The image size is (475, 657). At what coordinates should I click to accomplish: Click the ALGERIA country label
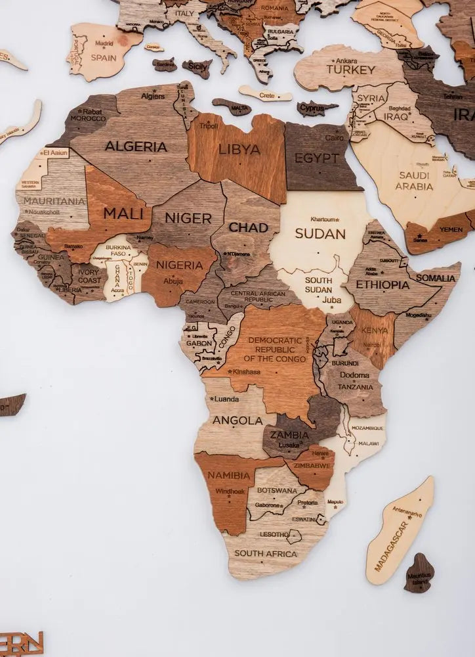[x=136, y=147]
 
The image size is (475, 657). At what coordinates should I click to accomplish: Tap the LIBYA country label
[x=239, y=149]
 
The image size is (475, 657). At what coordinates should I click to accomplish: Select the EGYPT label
[x=318, y=158]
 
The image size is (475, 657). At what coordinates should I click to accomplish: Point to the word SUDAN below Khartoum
[x=320, y=233]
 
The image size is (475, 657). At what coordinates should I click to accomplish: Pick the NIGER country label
[x=188, y=218]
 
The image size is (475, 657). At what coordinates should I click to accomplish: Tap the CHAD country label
[x=248, y=227]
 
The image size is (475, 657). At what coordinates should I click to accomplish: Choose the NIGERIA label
[x=179, y=265]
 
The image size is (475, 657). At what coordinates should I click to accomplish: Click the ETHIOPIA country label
[x=382, y=285]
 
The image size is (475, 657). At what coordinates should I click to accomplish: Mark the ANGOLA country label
[x=237, y=420]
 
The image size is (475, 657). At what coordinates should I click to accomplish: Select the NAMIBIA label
[x=229, y=475]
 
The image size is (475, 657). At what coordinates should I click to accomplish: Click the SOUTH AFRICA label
[x=266, y=554]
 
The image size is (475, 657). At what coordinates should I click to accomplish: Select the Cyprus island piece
[x=317, y=107]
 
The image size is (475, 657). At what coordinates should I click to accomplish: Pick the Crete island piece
[x=265, y=95]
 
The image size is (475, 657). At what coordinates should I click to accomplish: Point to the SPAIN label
[x=104, y=57]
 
